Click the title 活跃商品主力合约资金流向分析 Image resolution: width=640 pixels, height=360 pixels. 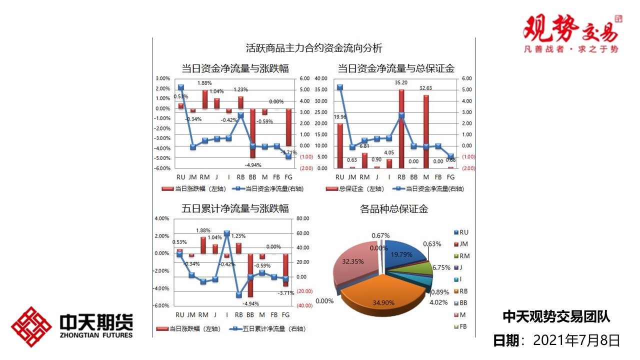[314, 48]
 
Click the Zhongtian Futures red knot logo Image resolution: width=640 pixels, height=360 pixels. [31, 327]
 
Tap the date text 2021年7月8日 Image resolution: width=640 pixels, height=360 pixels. [576, 340]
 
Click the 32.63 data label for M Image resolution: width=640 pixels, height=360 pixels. [425, 88]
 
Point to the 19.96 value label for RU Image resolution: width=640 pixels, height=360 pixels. [339, 117]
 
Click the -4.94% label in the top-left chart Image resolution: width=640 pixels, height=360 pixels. [252, 164]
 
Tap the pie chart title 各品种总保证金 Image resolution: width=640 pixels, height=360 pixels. [394, 209]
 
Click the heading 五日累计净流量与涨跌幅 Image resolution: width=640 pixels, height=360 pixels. [235, 208]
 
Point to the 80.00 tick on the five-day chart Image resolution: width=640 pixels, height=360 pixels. [303, 218]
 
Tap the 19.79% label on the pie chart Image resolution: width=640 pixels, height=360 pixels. [401, 254]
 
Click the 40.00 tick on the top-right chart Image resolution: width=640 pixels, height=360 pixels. [320, 78]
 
